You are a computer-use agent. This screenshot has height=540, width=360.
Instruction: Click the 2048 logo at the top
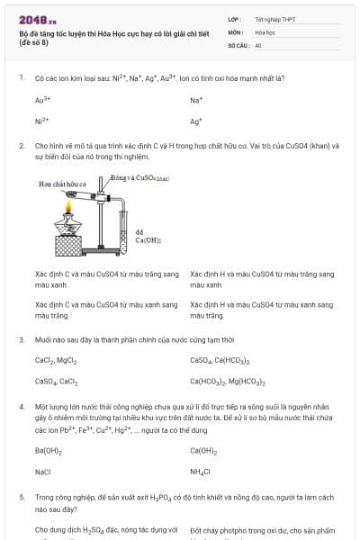38,19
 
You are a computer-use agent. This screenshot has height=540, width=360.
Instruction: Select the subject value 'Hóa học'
265,31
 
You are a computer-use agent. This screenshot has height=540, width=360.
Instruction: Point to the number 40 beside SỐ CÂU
258,44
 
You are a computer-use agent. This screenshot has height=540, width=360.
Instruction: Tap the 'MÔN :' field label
236,31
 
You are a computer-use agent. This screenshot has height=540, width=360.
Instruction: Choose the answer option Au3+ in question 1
41,100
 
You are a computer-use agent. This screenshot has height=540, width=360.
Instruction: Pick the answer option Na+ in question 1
196,100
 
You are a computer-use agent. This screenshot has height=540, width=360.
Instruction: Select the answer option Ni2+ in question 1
41,121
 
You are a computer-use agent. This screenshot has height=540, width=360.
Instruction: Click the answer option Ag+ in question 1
196,121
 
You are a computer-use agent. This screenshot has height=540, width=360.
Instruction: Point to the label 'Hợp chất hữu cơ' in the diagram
62,184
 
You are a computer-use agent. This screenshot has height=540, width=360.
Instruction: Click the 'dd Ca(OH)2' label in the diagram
147,236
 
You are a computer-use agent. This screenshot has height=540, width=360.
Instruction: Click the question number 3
22,339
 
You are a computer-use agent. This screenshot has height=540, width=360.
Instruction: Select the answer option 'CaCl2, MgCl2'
56,360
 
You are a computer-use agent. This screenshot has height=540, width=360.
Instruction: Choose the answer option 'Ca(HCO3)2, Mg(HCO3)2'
227,382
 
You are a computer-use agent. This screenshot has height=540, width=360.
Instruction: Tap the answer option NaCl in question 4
43,472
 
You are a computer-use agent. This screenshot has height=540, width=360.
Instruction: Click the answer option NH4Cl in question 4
200,472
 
